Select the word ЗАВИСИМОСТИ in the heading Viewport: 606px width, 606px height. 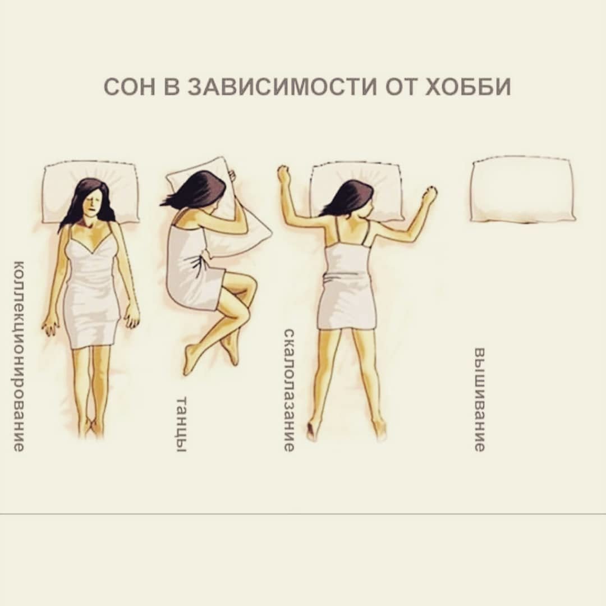(x=282, y=87)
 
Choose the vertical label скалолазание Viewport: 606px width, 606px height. (x=290, y=390)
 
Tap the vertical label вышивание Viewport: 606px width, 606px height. (x=479, y=400)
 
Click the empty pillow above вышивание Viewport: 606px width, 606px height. (x=522, y=190)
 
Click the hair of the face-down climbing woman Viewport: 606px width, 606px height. (x=349, y=198)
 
